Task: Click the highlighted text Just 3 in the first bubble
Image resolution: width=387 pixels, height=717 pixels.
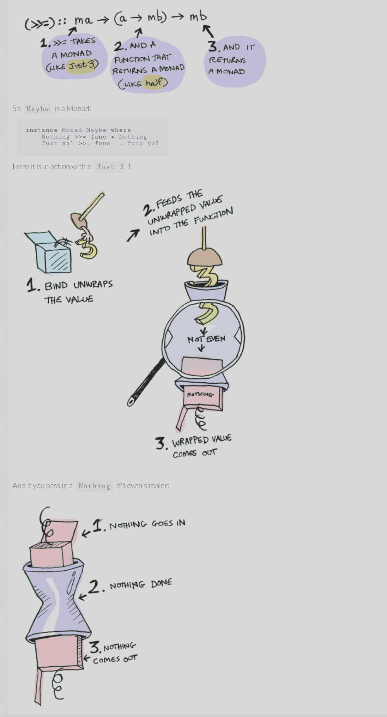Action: pos(83,65)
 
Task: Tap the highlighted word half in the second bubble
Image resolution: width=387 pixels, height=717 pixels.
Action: pos(154,82)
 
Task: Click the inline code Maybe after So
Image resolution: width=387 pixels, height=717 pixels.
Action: pos(38,109)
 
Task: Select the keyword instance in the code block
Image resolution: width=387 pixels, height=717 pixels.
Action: pos(42,130)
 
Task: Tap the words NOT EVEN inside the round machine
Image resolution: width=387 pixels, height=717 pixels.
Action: pos(206,339)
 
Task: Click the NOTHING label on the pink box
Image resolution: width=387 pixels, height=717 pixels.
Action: pos(200,394)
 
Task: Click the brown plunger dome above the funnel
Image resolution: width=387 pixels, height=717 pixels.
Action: pos(204,257)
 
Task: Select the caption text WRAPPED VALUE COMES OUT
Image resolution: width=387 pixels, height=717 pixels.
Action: pos(202,446)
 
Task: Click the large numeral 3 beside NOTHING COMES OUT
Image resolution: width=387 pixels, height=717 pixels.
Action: pos(95,647)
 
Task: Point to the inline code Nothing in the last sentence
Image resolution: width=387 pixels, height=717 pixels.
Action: pos(94,486)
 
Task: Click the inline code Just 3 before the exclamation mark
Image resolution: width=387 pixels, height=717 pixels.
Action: pos(110,167)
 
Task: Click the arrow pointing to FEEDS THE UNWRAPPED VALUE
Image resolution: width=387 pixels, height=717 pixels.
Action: pos(133,235)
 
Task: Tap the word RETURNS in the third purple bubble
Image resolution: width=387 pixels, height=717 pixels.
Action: pos(227,60)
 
